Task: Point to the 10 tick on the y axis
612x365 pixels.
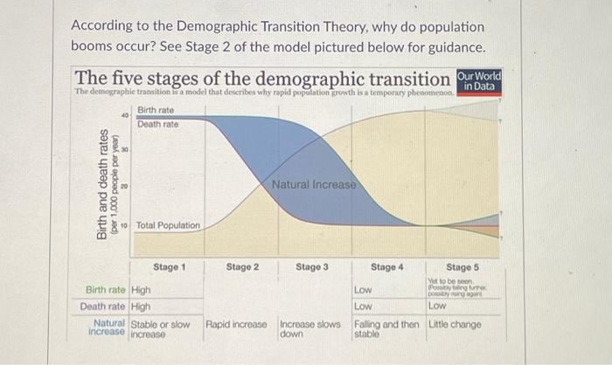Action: coord(125,224)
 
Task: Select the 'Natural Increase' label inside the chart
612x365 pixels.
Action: coord(314,185)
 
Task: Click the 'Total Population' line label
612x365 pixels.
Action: coord(168,225)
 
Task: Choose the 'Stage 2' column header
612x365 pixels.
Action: coord(242,266)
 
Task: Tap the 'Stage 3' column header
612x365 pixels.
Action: coord(312,266)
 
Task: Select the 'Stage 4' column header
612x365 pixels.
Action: coord(387,266)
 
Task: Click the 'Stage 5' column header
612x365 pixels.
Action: coord(463,266)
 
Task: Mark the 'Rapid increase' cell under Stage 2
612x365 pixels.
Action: coord(236,324)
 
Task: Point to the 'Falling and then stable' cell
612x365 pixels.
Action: coord(386,328)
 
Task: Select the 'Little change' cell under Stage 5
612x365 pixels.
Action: coord(455,324)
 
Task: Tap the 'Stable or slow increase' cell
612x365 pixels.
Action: coord(160,328)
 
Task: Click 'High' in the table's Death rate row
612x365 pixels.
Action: coord(141,306)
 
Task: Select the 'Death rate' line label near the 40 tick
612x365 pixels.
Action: coord(157,124)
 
